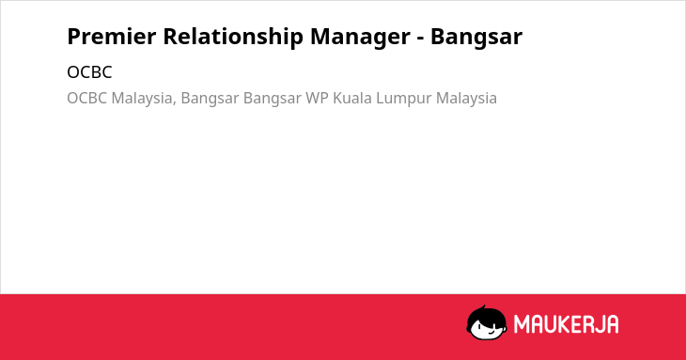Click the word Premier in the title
(x=112, y=37)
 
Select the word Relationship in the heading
(x=233, y=38)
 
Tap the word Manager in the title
(x=360, y=38)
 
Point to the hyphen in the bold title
(x=420, y=39)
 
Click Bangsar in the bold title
(x=476, y=38)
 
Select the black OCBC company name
(x=89, y=72)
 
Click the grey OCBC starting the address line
(x=86, y=98)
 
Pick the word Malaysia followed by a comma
(x=144, y=99)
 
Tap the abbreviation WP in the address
(x=318, y=98)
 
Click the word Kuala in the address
(x=352, y=98)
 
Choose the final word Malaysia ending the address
(x=466, y=99)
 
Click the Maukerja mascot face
(x=487, y=322)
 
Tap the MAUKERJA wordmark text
(x=566, y=324)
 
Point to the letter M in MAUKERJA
(x=522, y=324)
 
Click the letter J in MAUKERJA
(x=599, y=324)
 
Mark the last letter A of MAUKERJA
(x=612, y=324)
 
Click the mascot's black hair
(x=486, y=314)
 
